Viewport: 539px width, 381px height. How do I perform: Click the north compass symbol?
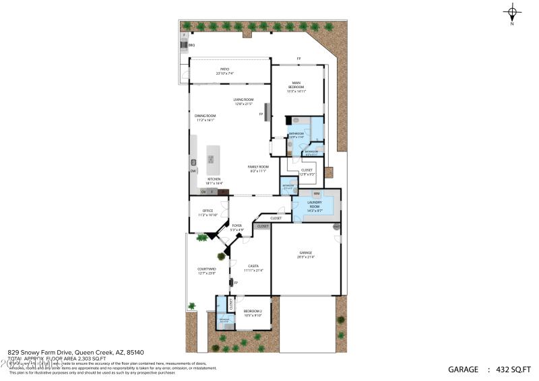(513, 13)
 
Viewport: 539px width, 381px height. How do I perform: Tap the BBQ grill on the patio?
(183, 44)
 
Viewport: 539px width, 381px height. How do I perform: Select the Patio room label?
(223, 71)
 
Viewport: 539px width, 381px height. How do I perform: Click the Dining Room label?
(205, 118)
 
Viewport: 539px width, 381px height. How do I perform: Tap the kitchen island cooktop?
(211, 160)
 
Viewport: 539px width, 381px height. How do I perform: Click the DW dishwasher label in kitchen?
(193, 171)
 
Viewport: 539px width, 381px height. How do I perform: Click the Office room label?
(208, 212)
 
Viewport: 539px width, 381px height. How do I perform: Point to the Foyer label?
(236, 227)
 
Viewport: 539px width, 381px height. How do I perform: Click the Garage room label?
(306, 254)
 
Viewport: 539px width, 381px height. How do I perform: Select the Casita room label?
(253, 267)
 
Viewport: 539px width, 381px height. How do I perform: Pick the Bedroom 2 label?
(253, 312)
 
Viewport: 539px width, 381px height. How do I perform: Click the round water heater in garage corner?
(336, 228)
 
